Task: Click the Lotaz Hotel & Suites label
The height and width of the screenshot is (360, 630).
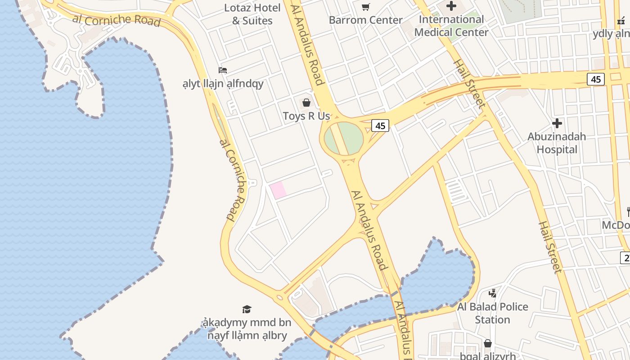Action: pos(252,14)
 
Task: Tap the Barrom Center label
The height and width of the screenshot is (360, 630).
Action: pos(365,20)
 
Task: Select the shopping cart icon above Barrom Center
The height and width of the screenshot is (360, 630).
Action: pos(365,7)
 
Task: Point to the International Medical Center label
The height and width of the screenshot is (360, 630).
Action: pos(451,26)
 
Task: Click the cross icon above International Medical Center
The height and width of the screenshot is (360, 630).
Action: pos(451,6)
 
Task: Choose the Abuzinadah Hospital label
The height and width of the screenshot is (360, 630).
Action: pos(557,143)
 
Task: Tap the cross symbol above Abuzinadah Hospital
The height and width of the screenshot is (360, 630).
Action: pos(557,123)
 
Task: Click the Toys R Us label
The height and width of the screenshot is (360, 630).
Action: pos(306,116)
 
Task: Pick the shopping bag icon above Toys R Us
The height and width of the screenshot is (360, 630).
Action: pos(306,103)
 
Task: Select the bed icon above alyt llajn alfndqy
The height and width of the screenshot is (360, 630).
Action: pos(223,70)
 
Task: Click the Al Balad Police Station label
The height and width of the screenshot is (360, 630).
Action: pos(492,313)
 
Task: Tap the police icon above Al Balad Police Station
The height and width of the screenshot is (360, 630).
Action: pos(492,293)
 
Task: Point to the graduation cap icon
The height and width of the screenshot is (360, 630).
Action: pos(247,309)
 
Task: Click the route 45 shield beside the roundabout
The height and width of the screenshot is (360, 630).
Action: pos(380,126)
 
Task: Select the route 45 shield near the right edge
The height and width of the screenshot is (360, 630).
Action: pos(596,79)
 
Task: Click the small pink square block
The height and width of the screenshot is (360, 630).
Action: pos(278,190)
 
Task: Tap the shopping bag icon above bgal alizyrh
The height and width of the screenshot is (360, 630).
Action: pos(487,344)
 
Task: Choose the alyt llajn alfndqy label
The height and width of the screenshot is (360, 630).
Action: pos(223,84)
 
